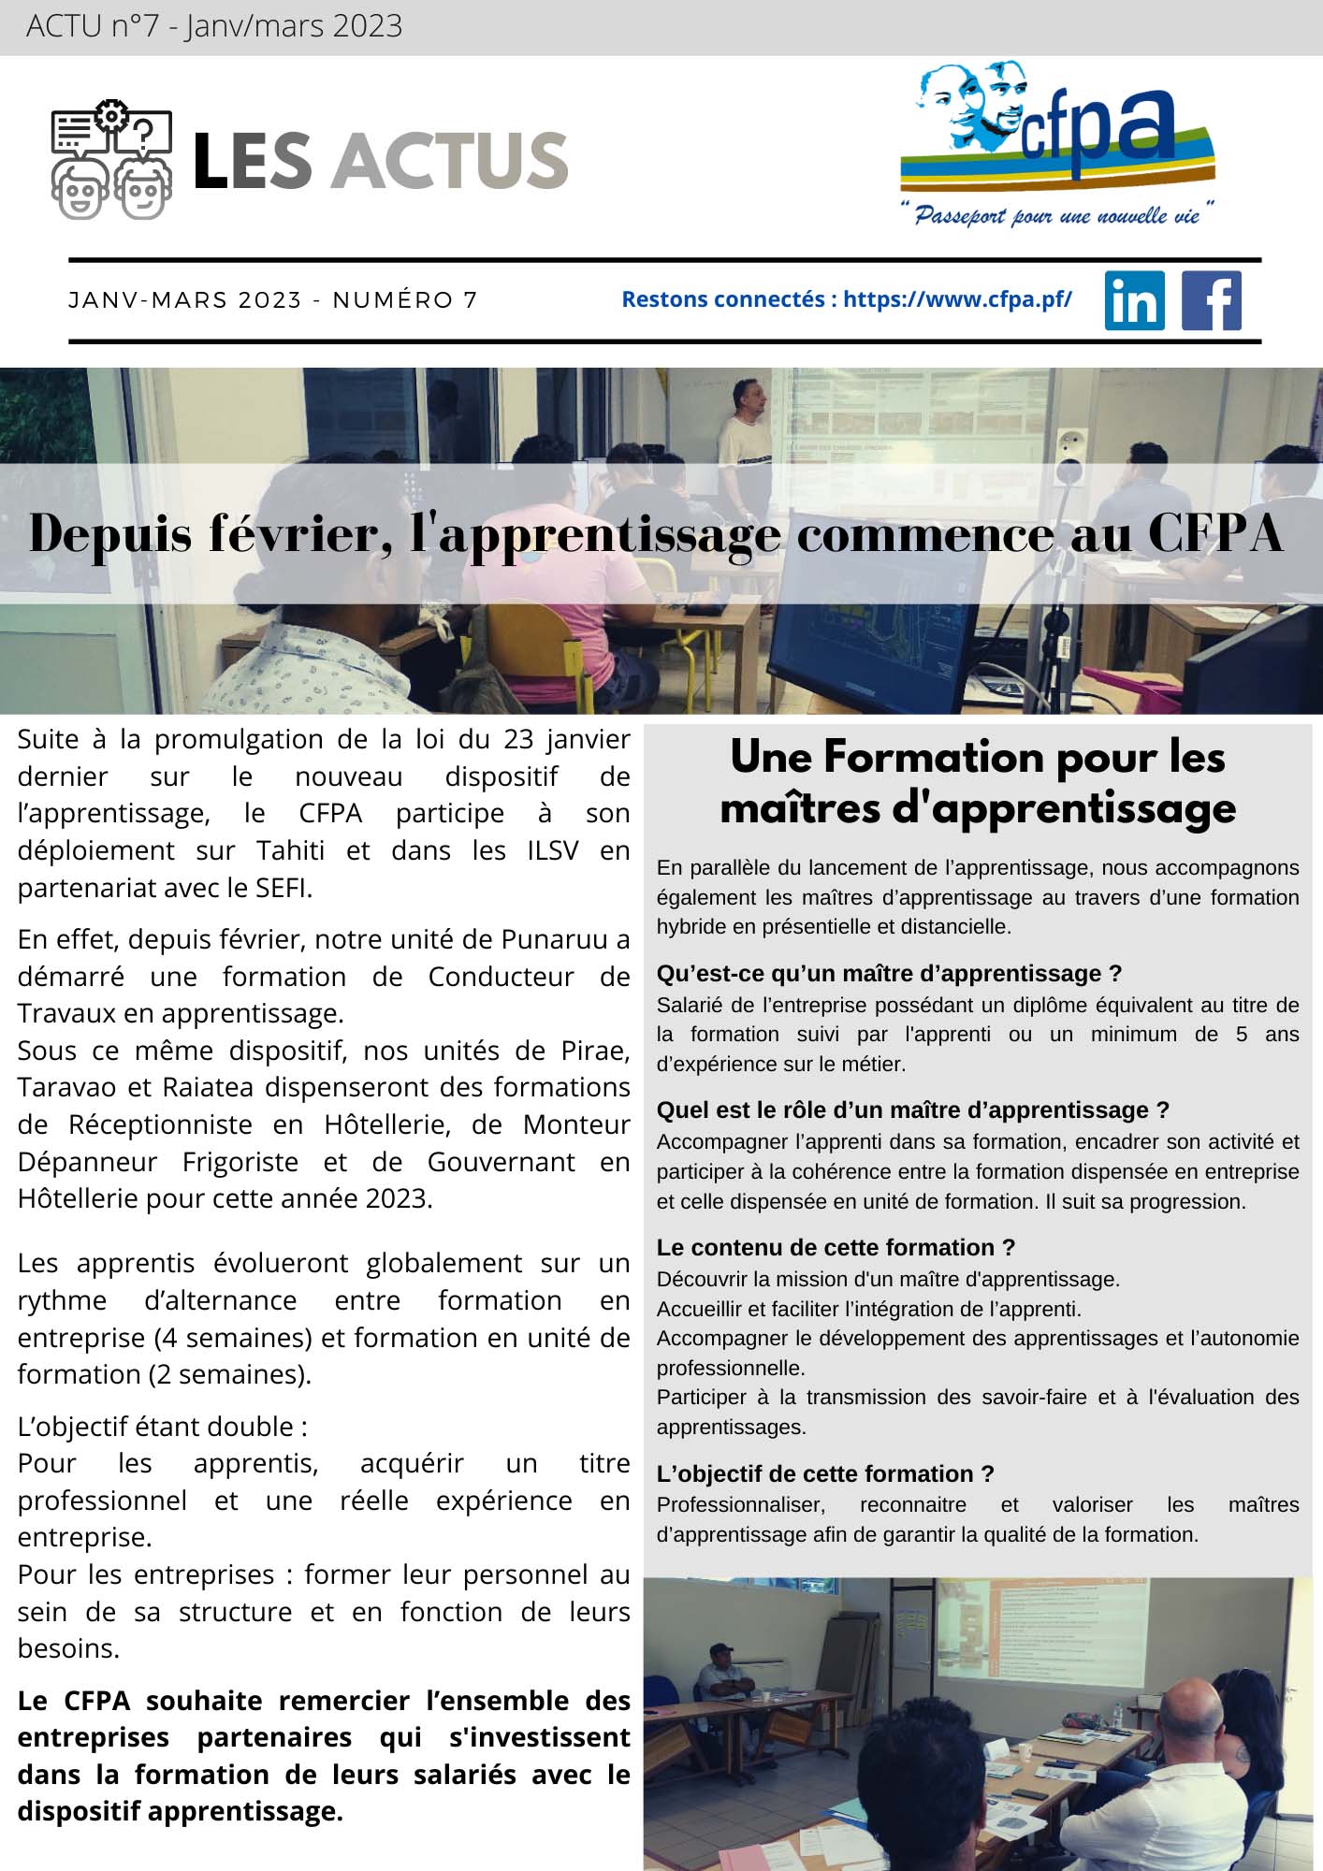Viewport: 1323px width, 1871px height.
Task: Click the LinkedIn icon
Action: tap(1134, 300)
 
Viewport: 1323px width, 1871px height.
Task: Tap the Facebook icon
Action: tap(1212, 300)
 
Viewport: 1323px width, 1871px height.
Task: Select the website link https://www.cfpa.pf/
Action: tap(957, 299)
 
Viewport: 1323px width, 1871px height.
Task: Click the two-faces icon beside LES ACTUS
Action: tap(111, 160)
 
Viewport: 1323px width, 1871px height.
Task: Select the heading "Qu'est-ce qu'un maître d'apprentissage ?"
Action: tap(889, 974)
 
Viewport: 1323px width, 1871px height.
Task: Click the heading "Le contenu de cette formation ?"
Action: tap(836, 1247)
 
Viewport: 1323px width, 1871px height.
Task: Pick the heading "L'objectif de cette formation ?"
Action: tap(825, 1473)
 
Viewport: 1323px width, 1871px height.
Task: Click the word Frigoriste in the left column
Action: tap(240, 1162)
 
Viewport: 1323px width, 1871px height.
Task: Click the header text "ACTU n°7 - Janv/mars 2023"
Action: tap(214, 26)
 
